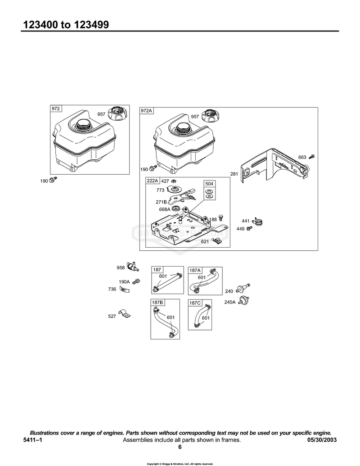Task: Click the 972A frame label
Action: [x=146, y=111]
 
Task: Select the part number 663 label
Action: [x=302, y=157]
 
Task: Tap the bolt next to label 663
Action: [x=311, y=156]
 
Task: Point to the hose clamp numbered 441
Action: [x=257, y=222]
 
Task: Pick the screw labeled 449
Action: [x=249, y=228]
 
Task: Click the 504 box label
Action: [x=209, y=184]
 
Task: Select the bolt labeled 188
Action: [x=220, y=217]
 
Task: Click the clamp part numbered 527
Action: [x=124, y=313]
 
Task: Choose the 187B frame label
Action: [x=157, y=303]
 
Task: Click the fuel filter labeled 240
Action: [x=243, y=289]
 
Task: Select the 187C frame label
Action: [x=195, y=303]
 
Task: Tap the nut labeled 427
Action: [x=174, y=181]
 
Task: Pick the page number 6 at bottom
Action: [x=180, y=447]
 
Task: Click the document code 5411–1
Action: [x=32, y=440]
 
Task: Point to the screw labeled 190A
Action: [x=136, y=281]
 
